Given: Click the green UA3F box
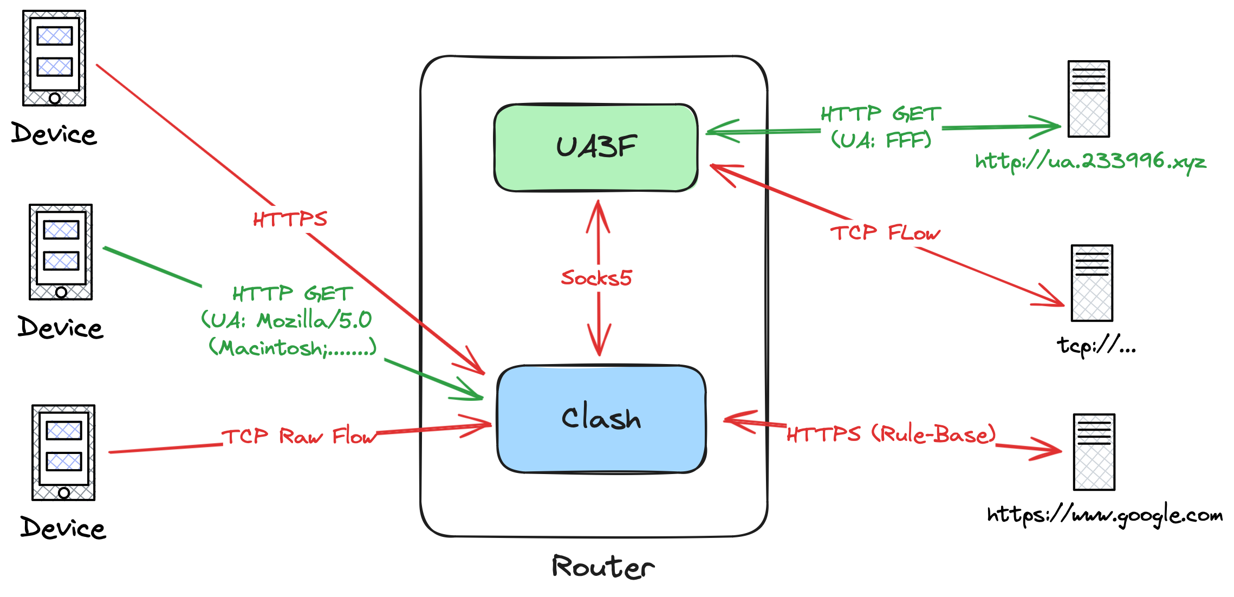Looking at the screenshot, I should coord(596,147).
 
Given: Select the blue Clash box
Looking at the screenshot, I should coord(601,418).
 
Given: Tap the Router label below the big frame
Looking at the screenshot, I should coord(603,567).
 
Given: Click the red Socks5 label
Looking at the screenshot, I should coord(596,278).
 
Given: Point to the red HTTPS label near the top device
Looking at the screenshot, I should coord(290,219).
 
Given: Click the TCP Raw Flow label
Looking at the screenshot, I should coord(300,436).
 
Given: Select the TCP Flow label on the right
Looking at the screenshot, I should coord(885,233).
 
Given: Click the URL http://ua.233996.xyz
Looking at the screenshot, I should coord(1090,161).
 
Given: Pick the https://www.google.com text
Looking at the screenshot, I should coord(1105,515).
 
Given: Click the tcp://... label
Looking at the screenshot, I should coord(1096,345).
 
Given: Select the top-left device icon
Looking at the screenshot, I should coord(54,58).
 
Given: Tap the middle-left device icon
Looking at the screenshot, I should coord(61,252).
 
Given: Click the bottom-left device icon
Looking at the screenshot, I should coord(63,452).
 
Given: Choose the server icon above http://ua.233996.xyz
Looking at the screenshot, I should coord(1088,99).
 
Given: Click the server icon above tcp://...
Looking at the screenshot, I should coord(1092,283).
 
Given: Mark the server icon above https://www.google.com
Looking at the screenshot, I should coord(1094,452).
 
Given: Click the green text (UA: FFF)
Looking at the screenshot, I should coord(881,140).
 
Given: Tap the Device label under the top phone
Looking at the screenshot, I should coord(54,134).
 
